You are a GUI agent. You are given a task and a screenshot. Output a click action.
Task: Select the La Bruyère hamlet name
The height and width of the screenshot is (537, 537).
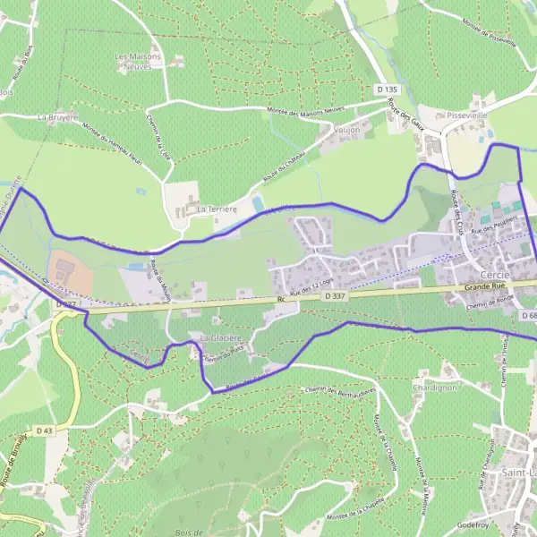pos(57,116)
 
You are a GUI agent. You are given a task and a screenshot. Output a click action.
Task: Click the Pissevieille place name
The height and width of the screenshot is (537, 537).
pos(465,115)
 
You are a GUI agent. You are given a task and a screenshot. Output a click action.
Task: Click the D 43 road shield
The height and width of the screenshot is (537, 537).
pos(47,431)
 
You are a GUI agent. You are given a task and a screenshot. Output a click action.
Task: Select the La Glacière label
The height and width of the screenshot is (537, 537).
pos(220,337)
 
